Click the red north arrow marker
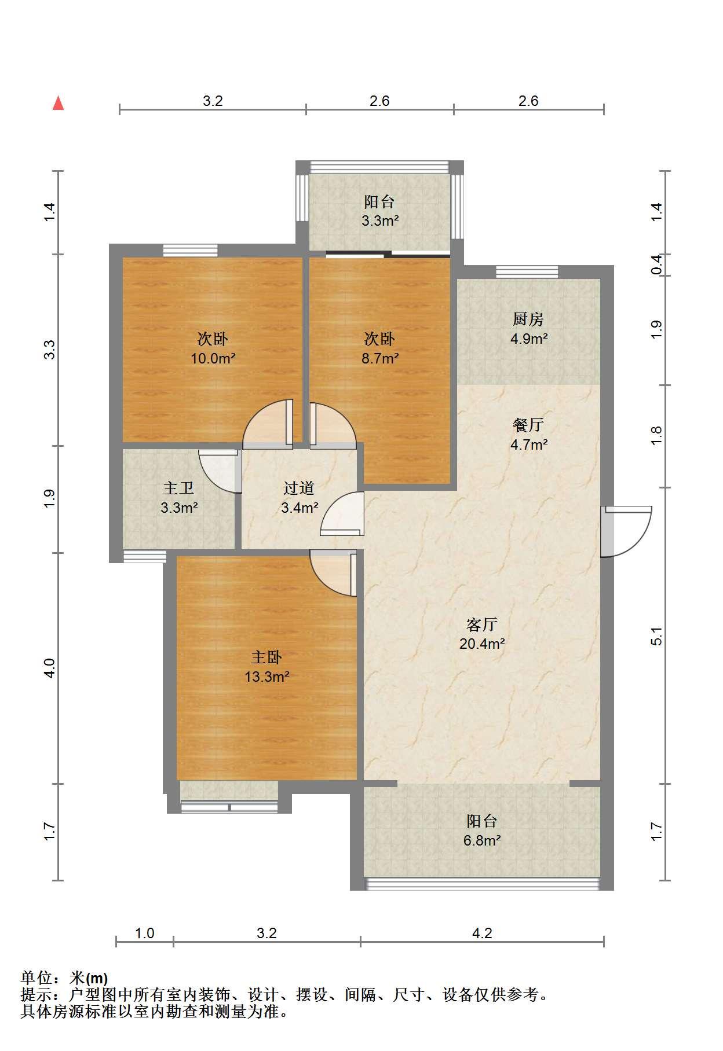pos(58,103)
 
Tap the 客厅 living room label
pos(482,624)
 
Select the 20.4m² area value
pos(482,644)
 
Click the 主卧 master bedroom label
pos(266,657)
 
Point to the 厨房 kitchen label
pos(528,319)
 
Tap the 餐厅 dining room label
pos(528,425)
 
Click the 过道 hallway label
pos(299,488)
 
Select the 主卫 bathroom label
pos(178,488)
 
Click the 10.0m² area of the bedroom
pos(213,358)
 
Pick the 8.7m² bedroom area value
pos(380,358)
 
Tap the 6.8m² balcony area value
pos(482,840)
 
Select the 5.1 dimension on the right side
pos(656,636)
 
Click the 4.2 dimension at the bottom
pos(482,933)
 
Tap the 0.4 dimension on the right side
pos(656,264)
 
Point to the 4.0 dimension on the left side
pos(50,668)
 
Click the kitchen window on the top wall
pos(527,271)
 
